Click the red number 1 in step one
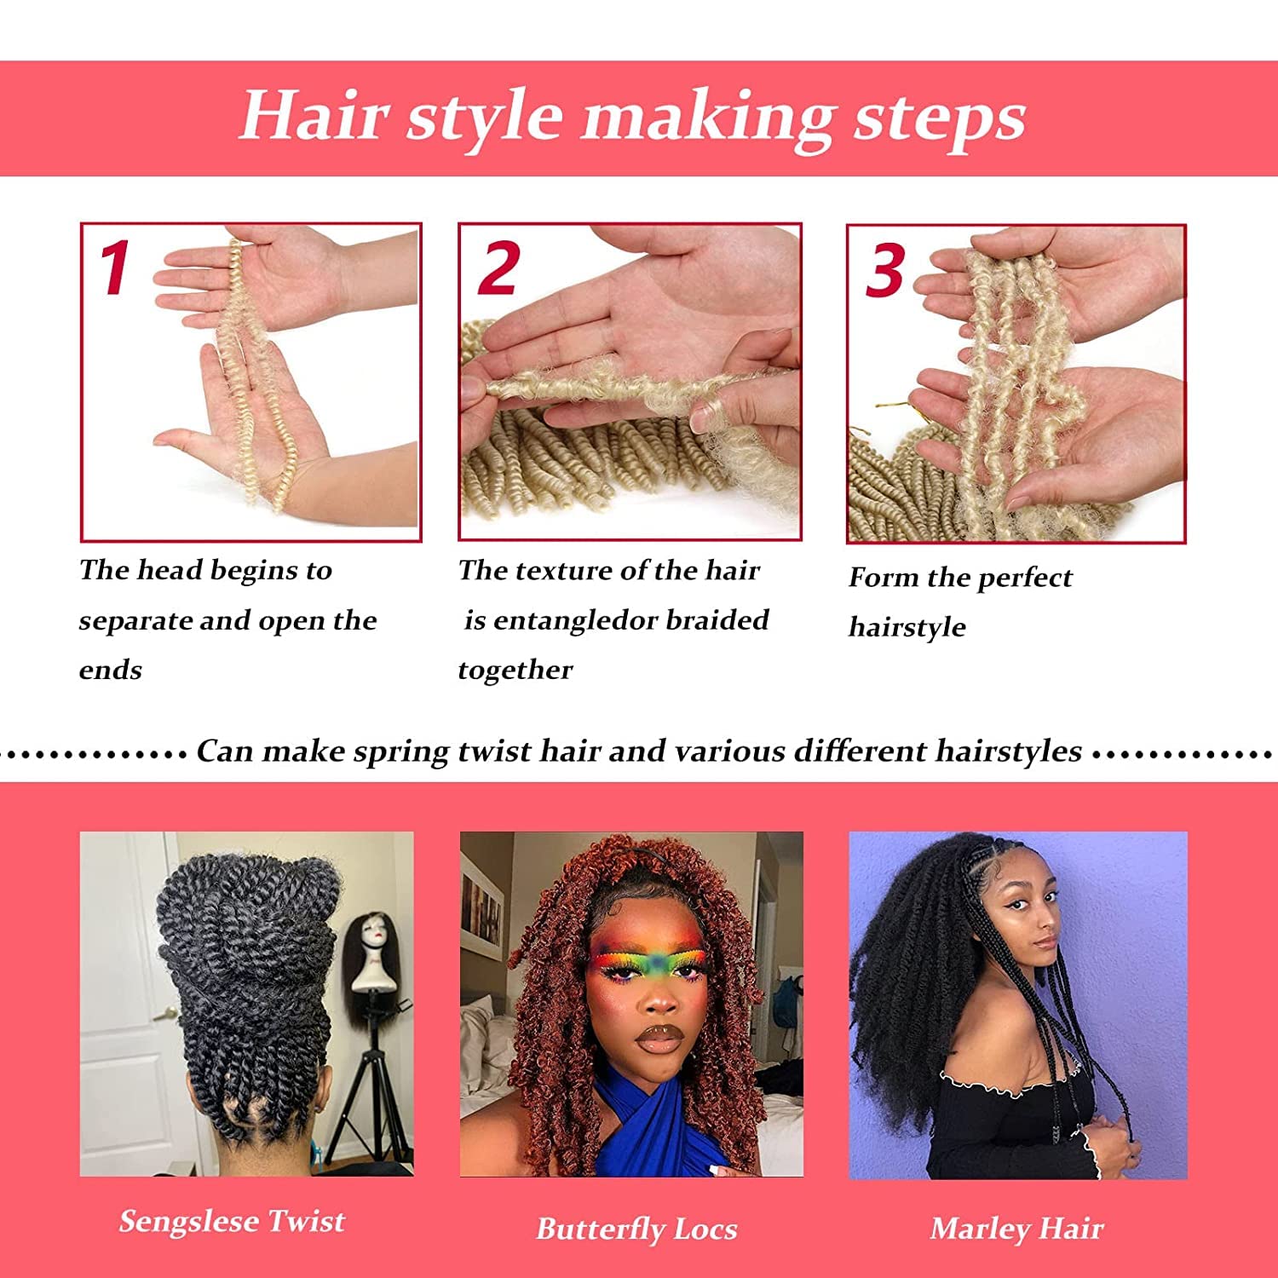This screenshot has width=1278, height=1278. pos(114,267)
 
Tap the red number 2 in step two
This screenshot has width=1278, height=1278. pos(499,268)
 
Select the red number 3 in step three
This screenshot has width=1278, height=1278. pos(885,271)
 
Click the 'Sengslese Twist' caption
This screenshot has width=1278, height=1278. pos(232,1221)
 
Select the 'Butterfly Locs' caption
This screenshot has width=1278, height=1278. pos(636,1229)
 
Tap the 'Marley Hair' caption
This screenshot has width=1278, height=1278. pos(1016,1229)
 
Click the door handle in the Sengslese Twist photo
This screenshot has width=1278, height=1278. pos(168,1013)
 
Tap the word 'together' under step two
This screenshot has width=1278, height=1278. pos(515,671)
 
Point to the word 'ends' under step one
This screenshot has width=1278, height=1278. pos(110,670)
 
